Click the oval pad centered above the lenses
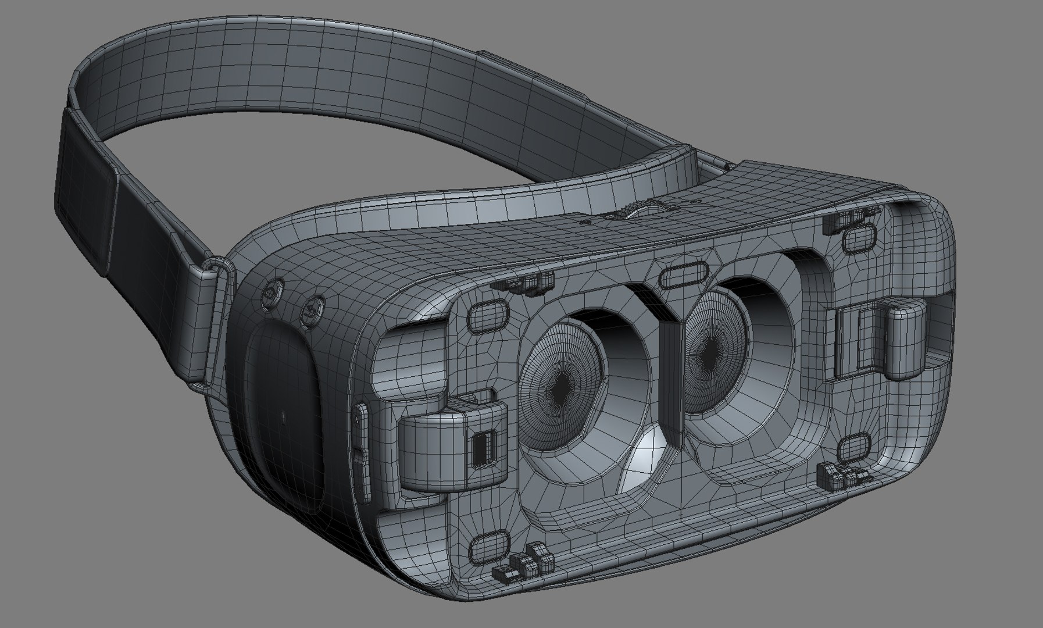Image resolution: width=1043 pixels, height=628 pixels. tap(684, 276)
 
